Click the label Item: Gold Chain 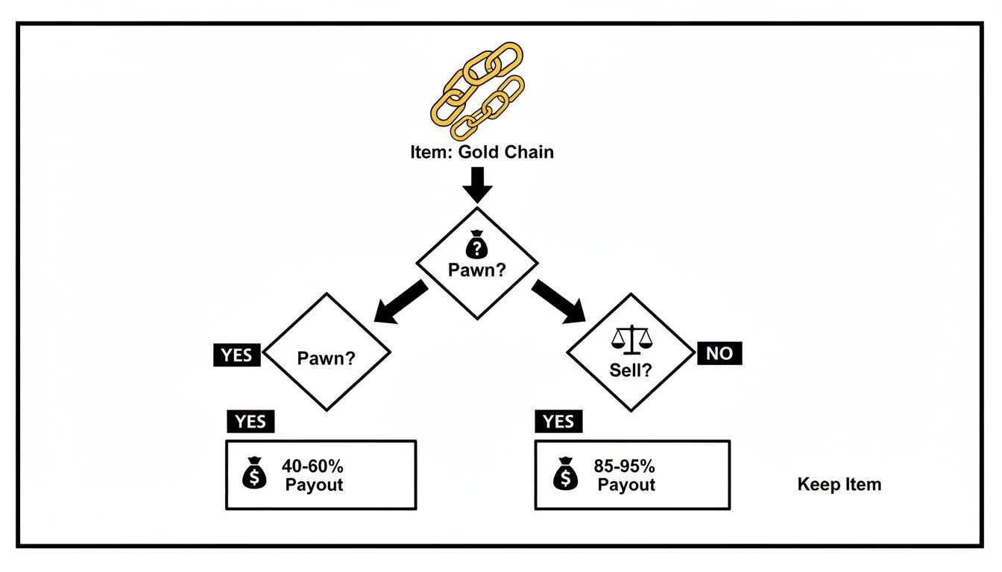[482, 153]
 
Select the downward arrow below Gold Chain [477, 185]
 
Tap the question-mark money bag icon [476, 247]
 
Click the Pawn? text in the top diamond [477, 270]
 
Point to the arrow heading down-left [400, 302]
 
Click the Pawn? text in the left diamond [327, 357]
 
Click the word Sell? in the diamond [631, 370]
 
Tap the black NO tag [719, 354]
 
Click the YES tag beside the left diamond [238, 355]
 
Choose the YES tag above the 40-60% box [250, 422]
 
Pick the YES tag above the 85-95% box [559, 422]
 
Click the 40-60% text [312, 467]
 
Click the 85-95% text [625, 467]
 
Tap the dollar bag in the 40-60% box [255, 474]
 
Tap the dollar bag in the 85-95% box [565, 474]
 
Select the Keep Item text [839, 485]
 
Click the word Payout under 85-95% [626, 485]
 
